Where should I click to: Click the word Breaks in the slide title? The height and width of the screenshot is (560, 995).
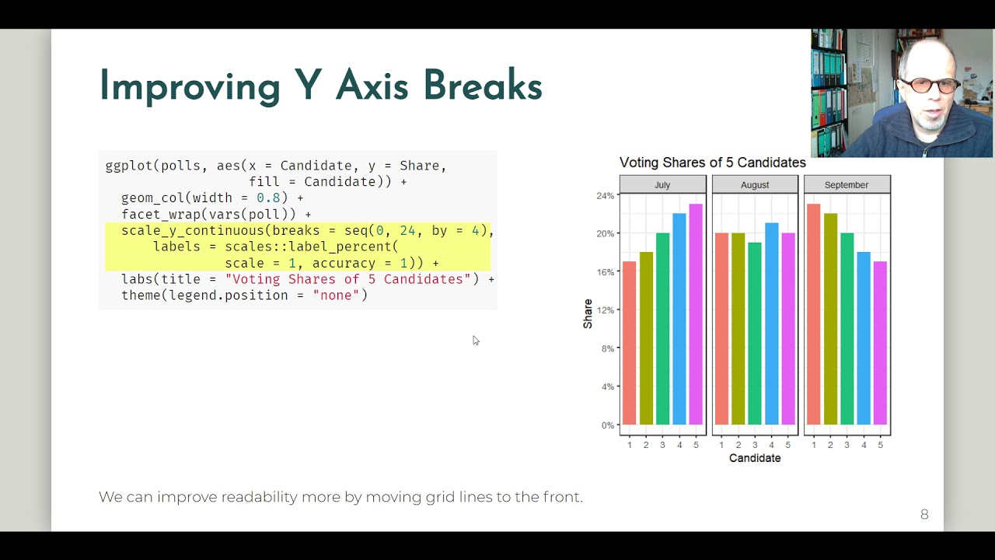pyautogui.click(x=482, y=86)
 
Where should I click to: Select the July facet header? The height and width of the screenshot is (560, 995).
pyautogui.click(x=662, y=185)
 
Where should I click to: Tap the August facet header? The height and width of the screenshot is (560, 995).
pyautogui.click(x=755, y=185)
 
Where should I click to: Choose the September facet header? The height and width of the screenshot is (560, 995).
pyautogui.click(x=847, y=185)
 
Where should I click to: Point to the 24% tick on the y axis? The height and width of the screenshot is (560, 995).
pyautogui.click(x=605, y=196)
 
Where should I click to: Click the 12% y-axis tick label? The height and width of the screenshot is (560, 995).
pyautogui.click(x=605, y=310)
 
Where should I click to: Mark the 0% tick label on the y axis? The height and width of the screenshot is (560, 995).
pyautogui.click(x=607, y=425)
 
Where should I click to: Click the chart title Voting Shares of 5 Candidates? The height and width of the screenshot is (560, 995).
pyautogui.click(x=712, y=163)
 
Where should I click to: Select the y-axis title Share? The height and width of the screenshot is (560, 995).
pyautogui.click(x=588, y=313)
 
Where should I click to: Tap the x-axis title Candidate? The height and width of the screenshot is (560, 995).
pyautogui.click(x=755, y=459)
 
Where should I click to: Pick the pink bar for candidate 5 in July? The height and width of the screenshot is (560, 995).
pyautogui.click(x=695, y=314)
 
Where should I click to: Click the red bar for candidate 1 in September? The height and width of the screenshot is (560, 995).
pyautogui.click(x=814, y=314)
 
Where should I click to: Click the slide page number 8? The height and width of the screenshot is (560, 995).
pyautogui.click(x=924, y=514)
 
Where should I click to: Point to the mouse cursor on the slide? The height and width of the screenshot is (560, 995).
pyautogui.click(x=475, y=340)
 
